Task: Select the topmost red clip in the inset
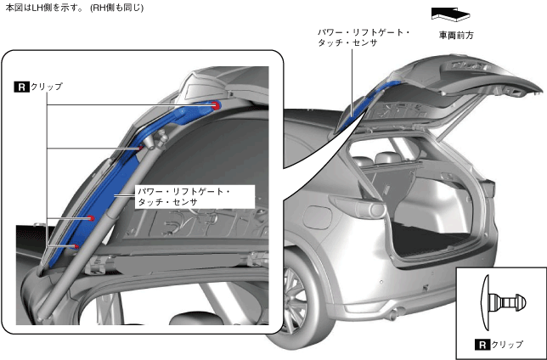click(217, 104)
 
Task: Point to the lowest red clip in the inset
click(76, 247)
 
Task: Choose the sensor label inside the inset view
click(182, 197)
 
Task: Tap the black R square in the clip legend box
click(480, 346)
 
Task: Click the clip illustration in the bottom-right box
click(501, 302)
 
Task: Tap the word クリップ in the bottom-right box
click(508, 346)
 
